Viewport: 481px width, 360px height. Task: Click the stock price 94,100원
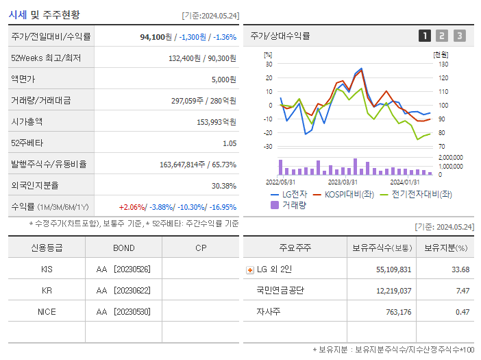[x=155, y=36]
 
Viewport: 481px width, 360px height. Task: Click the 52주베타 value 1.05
[x=230, y=143]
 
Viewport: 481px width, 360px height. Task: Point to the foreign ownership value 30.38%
[x=224, y=185]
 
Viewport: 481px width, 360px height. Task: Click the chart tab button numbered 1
[x=425, y=36]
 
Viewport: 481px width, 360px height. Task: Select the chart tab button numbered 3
[x=459, y=36]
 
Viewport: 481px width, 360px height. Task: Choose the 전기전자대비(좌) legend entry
[x=415, y=195]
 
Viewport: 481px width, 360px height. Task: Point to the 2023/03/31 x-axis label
[x=343, y=182]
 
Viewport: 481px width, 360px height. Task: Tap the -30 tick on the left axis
[x=269, y=147]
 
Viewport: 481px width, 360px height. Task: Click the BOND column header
[x=124, y=248]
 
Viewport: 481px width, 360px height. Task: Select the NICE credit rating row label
[x=47, y=311]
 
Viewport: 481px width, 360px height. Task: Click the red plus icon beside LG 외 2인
[x=250, y=269]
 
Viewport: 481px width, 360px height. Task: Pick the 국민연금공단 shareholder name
[x=280, y=291]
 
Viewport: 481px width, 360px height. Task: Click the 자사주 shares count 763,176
[x=394, y=312]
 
